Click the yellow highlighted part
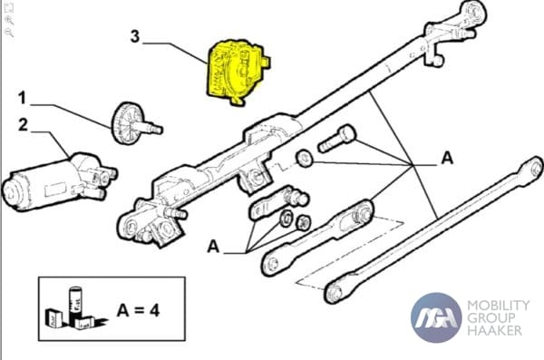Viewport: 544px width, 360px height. point(238,72)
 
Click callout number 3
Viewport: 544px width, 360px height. point(135,36)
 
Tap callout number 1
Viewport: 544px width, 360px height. point(22,98)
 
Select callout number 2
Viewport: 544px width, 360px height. point(23,125)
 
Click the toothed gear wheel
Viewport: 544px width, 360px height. point(126,123)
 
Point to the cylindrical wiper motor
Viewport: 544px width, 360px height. point(59,182)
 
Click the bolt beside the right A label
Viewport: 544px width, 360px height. point(337,139)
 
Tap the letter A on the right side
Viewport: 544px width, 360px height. point(447,159)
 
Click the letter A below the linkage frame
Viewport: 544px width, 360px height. point(213,247)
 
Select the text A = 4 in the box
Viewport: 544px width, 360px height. point(138,310)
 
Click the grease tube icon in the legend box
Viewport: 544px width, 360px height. point(74,301)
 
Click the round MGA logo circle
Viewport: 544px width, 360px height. point(436,317)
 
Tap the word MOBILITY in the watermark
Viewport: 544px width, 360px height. point(498,306)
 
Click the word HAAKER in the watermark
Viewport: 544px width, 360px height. point(495,330)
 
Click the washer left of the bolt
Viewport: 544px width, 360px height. point(305,159)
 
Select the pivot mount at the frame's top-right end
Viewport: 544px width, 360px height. point(454,31)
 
